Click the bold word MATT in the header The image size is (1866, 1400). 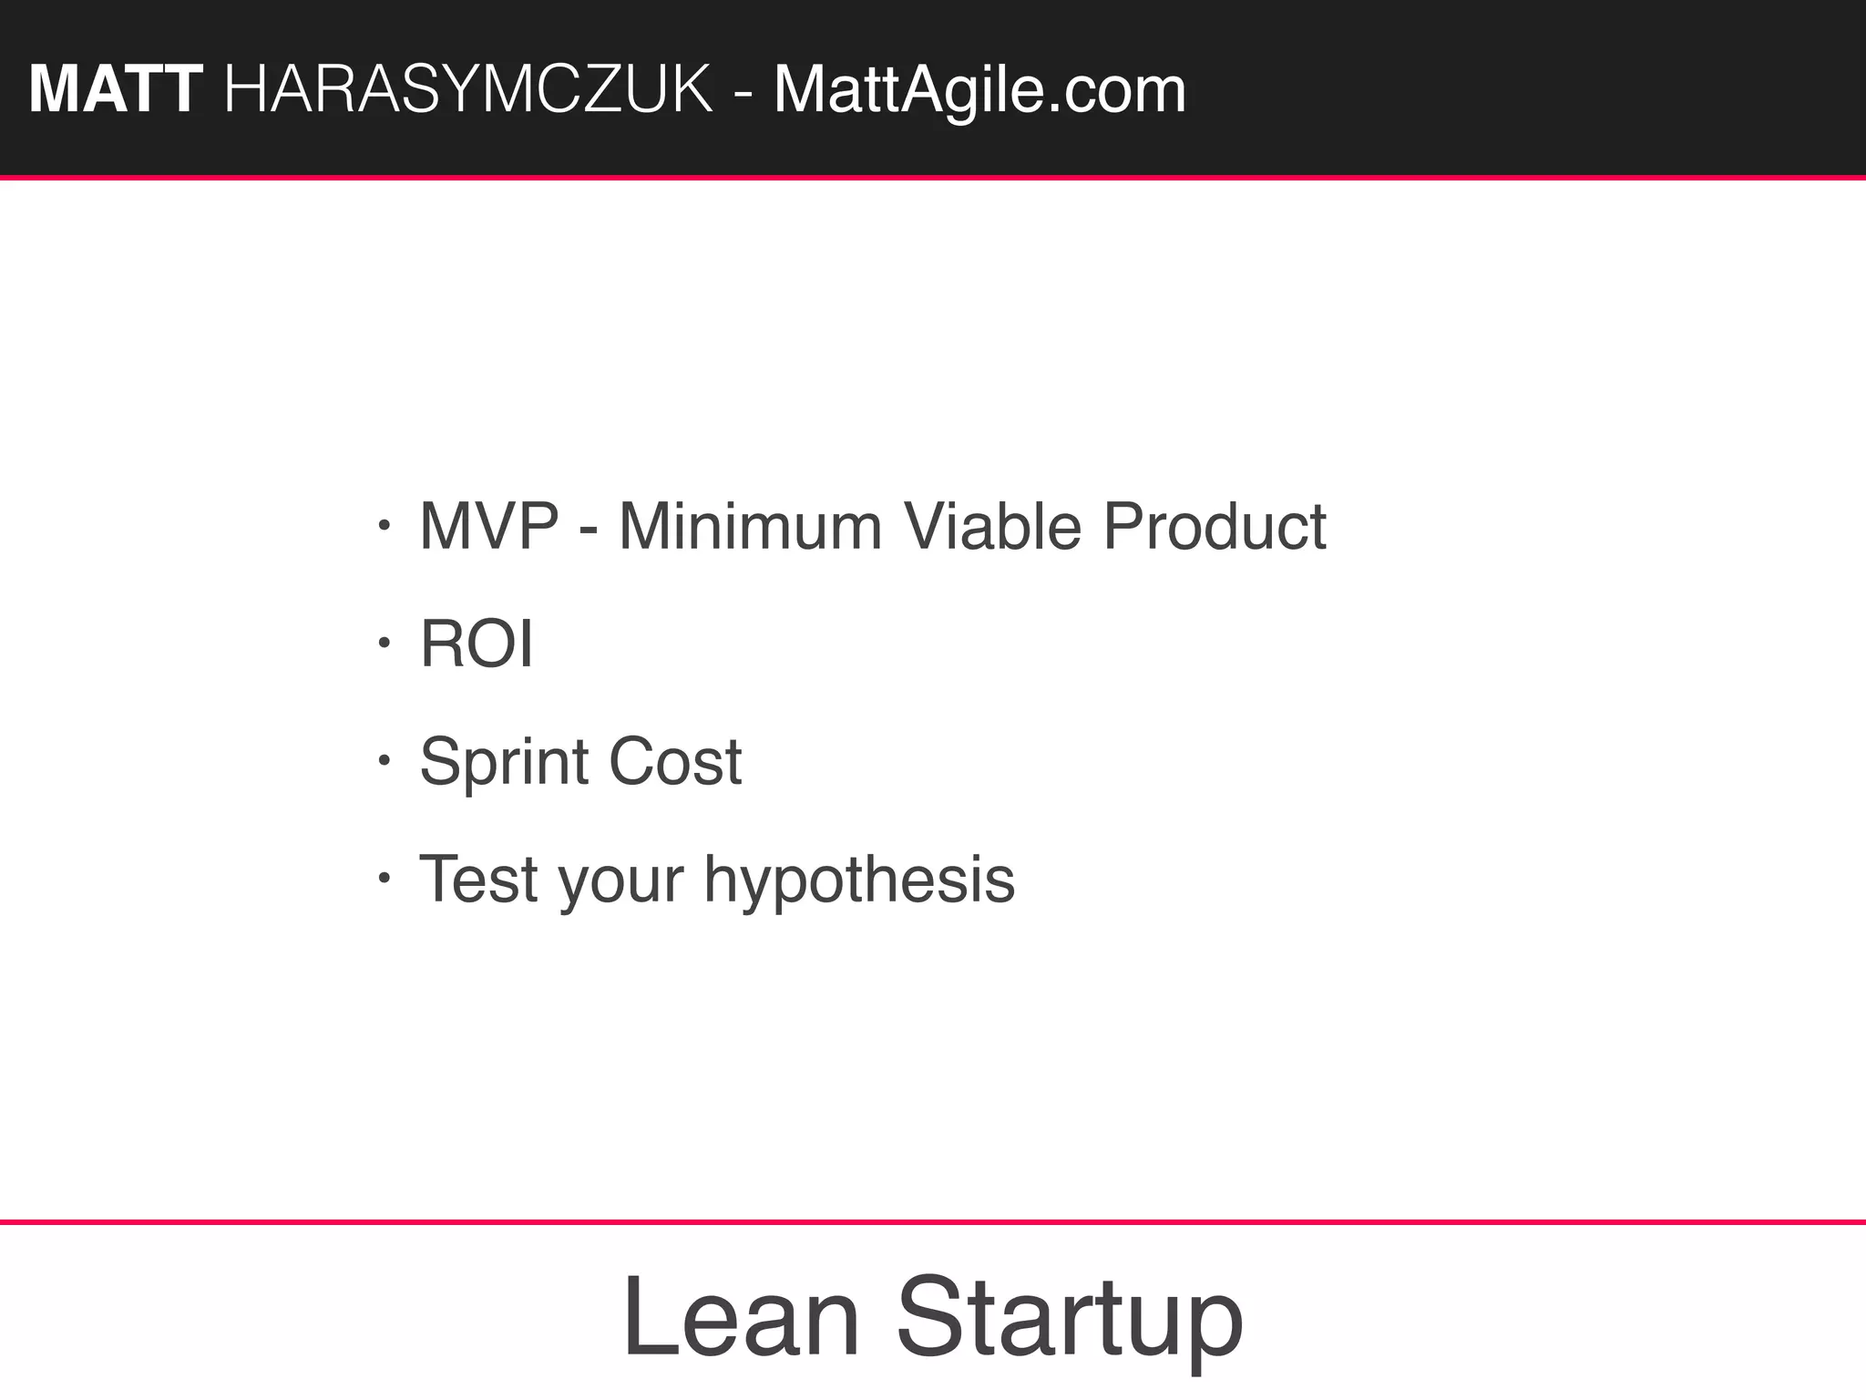115,90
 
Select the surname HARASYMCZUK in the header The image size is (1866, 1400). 468,90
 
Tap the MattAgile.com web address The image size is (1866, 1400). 979,90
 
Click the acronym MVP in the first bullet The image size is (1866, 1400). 488,527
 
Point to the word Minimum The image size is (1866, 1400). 750,527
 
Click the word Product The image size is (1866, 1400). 1215,527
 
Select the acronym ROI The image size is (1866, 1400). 476,644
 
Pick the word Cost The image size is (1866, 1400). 675,762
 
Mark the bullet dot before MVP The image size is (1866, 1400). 384,526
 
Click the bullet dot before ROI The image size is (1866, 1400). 384,643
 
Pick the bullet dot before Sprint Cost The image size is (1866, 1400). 384,760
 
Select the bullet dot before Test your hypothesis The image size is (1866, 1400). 384,878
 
